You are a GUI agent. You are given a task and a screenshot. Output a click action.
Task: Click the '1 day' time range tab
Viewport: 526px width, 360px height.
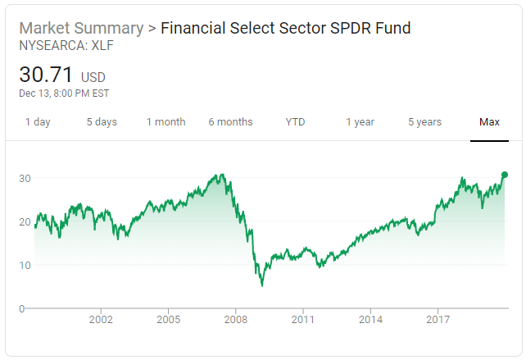(38, 122)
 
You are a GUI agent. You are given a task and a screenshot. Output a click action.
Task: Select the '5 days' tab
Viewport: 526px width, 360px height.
(102, 122)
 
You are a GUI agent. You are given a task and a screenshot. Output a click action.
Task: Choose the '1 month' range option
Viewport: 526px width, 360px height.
(166, 122)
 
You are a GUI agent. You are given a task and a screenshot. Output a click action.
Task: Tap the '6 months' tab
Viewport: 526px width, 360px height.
(230, 122)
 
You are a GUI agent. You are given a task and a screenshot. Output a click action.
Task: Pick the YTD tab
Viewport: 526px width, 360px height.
(295, 122)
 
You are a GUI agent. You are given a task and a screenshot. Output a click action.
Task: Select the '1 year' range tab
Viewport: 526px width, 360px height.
(360, 122)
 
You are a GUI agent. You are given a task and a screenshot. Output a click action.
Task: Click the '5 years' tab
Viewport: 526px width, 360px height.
(424, 122)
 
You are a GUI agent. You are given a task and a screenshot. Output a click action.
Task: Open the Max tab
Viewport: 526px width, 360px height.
(489, 122)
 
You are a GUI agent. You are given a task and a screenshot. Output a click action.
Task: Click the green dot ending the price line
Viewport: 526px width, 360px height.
(505, 175)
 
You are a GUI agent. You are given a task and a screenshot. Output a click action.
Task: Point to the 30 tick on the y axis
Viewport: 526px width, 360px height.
(25, 178)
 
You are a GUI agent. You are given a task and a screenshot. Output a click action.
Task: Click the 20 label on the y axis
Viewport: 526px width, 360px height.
(25, 221)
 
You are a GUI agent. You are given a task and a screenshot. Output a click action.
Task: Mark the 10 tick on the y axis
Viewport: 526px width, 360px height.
(25, 265)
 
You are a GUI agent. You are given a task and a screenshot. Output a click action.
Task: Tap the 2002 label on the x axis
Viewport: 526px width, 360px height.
(101, 319)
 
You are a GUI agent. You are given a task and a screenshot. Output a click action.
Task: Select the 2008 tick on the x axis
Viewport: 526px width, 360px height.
(236, 319)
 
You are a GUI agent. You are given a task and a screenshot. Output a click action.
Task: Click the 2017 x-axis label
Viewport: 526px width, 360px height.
(438, 319)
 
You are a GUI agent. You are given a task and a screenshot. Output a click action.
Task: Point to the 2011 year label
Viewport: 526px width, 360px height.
(303, 319)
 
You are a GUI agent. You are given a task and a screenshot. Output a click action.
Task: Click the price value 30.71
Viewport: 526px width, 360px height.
(47, 75)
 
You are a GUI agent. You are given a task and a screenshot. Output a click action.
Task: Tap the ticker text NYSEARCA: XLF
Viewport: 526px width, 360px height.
(66, 46)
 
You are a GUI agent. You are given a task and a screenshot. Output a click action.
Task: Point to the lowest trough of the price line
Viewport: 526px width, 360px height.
(261, 285)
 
